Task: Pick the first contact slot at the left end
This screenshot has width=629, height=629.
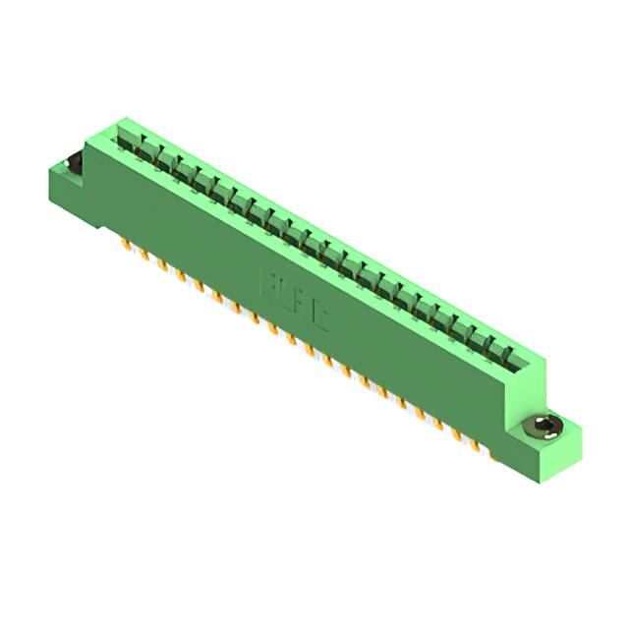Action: point(126,137)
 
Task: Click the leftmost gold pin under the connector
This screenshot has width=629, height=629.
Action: point(127,242)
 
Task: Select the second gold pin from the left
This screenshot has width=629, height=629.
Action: point(144,253)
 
